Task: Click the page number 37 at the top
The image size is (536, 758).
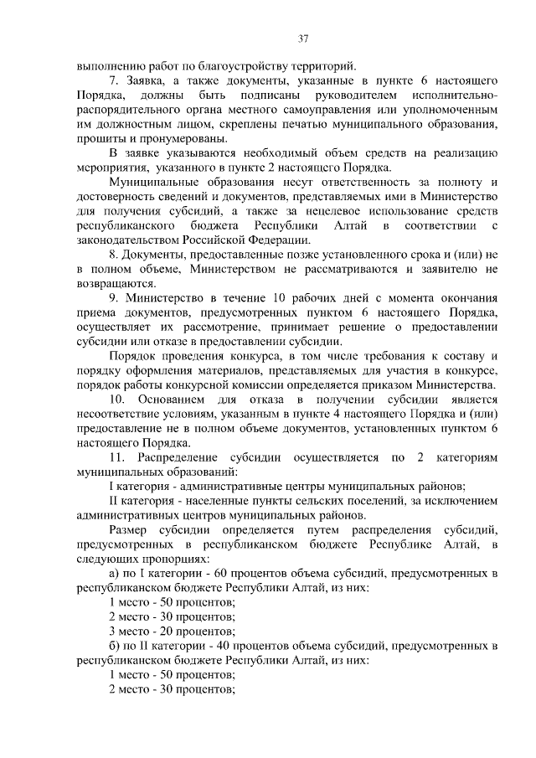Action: pyautogui.click(x=303, y=36)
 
